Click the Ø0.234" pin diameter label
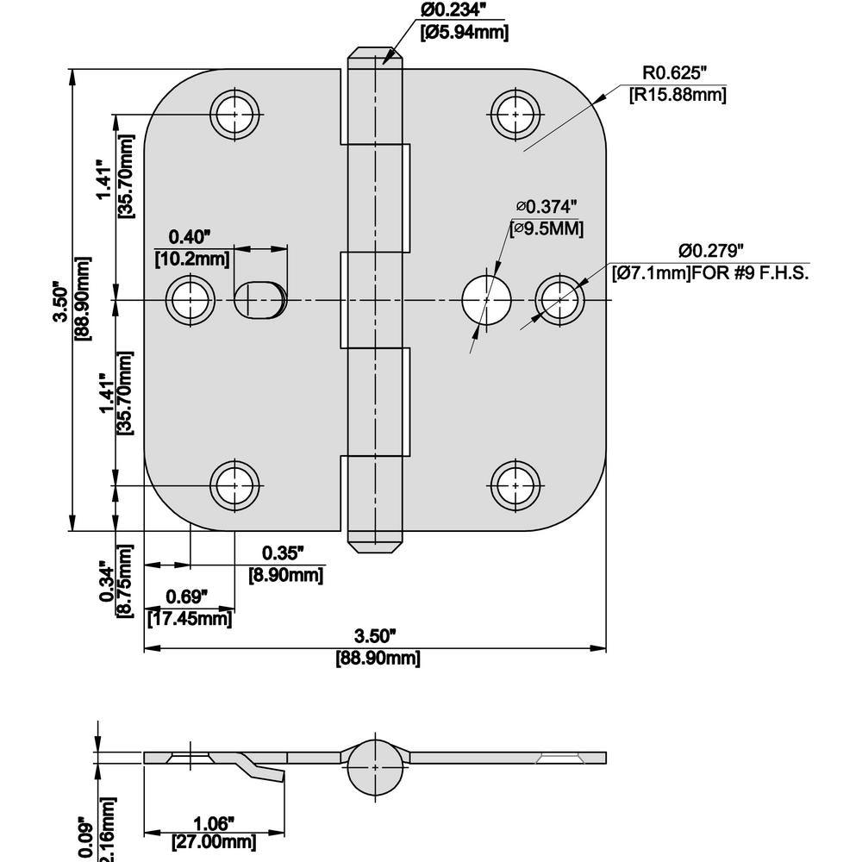(x=464, y=11)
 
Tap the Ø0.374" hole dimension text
(x=547, y=207)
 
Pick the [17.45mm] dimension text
(x=189, y=618)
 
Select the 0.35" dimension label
(x=284, y=553)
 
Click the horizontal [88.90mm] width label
(x=377, y=659)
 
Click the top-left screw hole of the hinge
(x=236, y=113)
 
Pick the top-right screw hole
(x=515, y=113)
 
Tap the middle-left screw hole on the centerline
(x=191, y=300)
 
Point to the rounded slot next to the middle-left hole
(x=259, y=300)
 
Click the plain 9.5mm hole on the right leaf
(x=486, y=300)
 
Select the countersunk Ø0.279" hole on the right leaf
(x=559, y=300)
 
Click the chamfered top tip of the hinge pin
(x=377, y=59)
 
